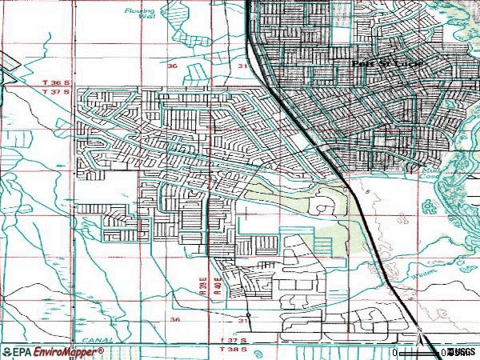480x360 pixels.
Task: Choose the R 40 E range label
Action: [x=216, y=285]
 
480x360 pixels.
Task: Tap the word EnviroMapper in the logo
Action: [x=66, y=351]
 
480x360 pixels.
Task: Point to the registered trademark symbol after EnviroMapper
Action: [x=102, y=349]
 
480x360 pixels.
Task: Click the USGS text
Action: [x=462, y=351]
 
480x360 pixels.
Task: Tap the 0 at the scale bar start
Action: [x=394, y=352]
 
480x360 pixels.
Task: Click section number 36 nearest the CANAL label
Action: [x=174, y=319]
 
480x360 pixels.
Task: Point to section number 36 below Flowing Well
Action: [x=174, y=67]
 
